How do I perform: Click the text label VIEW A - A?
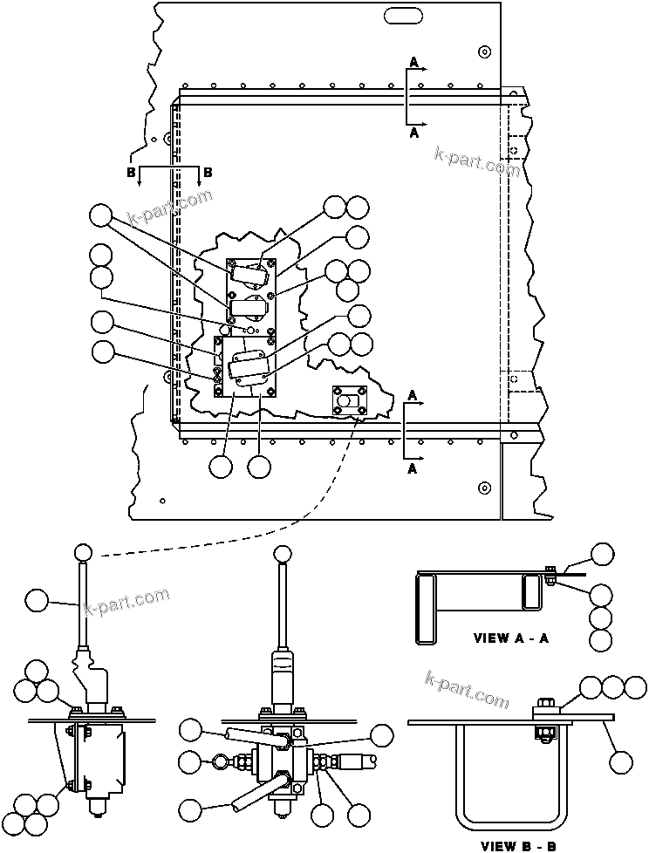[511, 638]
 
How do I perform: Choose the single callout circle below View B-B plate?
[620, 762]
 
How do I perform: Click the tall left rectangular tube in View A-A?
[426, 609]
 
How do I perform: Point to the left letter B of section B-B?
[131, 173]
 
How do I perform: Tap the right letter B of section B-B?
[208, 173]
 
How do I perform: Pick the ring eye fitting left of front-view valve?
[218, 761]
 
